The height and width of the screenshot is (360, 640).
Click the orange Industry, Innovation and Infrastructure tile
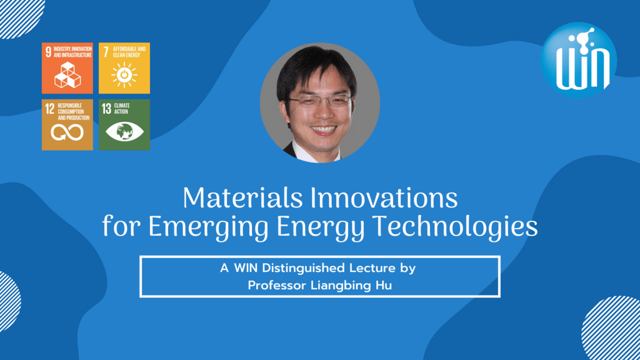pyautogui.click(x=67, y=68)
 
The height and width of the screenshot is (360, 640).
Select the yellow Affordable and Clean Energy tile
pyautogui.click(x=124, y=68)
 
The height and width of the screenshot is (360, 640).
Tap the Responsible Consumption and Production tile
pyautogui.click(x=67, y=124)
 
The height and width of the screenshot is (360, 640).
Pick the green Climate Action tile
pyautogui.click(x=124, y=124)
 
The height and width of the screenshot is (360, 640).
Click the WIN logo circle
pyautogui.click(x=579, y=59)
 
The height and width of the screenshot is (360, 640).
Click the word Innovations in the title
pyautogui.click(x=382, y=199)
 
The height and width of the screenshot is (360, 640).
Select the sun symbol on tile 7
pyautogui.click(x=124, y=74)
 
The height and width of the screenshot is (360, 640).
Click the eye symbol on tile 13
pyautogui.click(x=124, y=132)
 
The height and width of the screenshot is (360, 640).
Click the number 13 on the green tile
pyautogui.click(x=106, y=109)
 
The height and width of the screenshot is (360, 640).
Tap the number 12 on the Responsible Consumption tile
pyautogui.click(x=49, y=109)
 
